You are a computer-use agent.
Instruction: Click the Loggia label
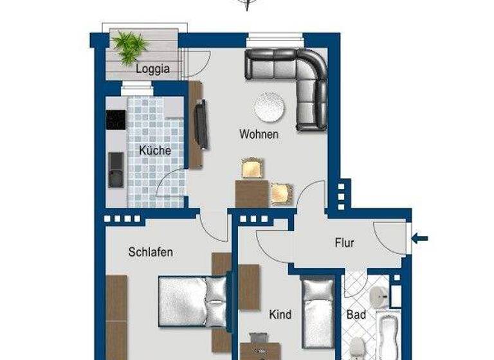152,69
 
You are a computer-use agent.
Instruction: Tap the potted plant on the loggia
131,46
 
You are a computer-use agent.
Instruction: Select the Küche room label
155,150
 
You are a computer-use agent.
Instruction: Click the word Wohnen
259,134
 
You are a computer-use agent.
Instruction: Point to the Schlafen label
151,252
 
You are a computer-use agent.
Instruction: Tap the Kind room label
280,314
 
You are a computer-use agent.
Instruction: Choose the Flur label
344,243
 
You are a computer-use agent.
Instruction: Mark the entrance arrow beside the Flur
419,239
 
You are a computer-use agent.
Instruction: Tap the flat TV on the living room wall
201,123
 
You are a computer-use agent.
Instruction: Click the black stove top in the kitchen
116,120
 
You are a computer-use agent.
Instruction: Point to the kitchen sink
116,169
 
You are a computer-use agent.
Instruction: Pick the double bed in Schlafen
193,301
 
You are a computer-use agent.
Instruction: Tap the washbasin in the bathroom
378,295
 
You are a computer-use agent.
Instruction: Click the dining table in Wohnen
252,193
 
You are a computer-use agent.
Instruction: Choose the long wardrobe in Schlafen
116,315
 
